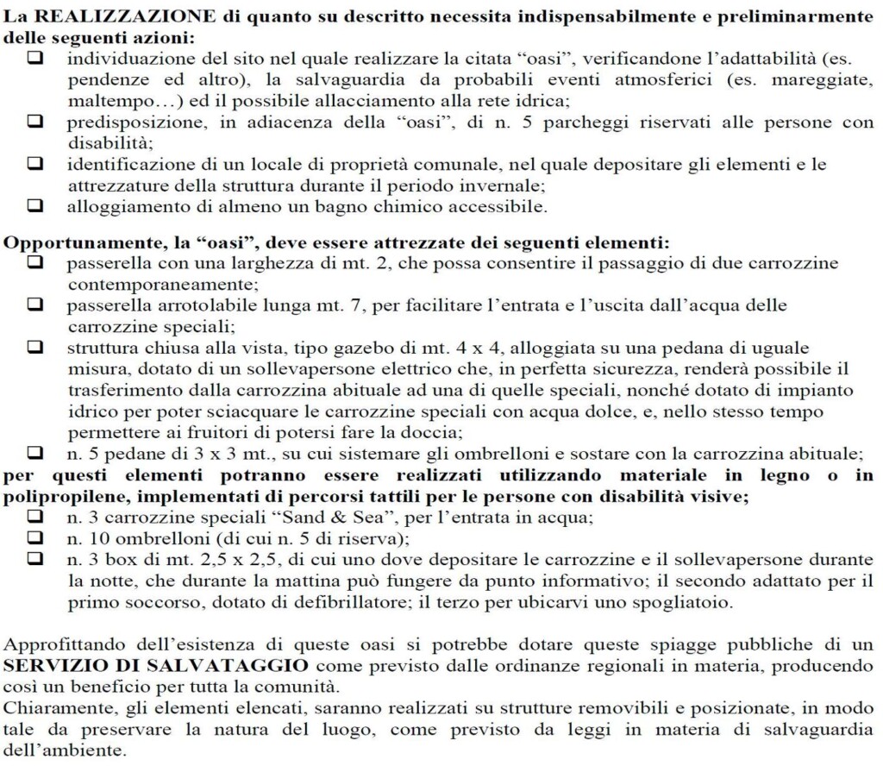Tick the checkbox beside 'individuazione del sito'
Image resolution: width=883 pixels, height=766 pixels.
tap(35, 59)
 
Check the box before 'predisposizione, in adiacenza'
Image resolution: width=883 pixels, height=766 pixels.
tap(35, 122)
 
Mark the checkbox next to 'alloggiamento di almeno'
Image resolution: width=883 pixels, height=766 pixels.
tap(35, 206)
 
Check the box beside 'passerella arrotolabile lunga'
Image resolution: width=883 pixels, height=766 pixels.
tap(35, 305)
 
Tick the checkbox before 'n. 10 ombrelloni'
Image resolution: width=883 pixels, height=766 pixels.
tap(35, 538)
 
